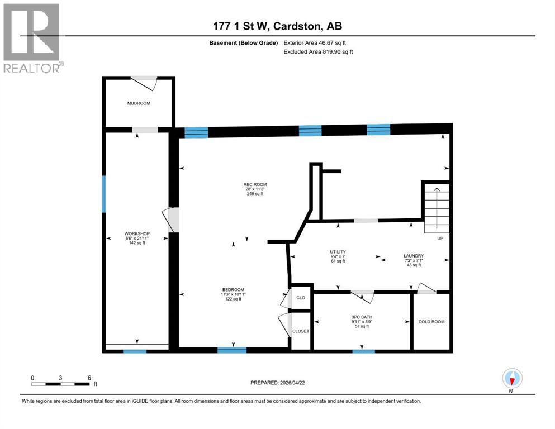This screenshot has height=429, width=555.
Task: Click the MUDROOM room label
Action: pos(138,103)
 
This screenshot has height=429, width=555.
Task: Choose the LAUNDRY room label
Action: pos(414,256)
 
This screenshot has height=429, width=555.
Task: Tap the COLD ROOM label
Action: pos(431,322)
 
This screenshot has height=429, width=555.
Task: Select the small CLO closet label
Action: pos(301,298)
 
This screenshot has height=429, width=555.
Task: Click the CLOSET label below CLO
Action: pos(301,331)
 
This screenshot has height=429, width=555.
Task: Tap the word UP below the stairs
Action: pos(439,239)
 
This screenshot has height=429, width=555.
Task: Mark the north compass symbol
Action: pos(512,379)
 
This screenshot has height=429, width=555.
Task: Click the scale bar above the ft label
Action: pos(60,384)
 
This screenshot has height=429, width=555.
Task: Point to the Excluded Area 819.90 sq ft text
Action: pos(319,51)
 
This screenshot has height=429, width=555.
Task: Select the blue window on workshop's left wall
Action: pos(104,194)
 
